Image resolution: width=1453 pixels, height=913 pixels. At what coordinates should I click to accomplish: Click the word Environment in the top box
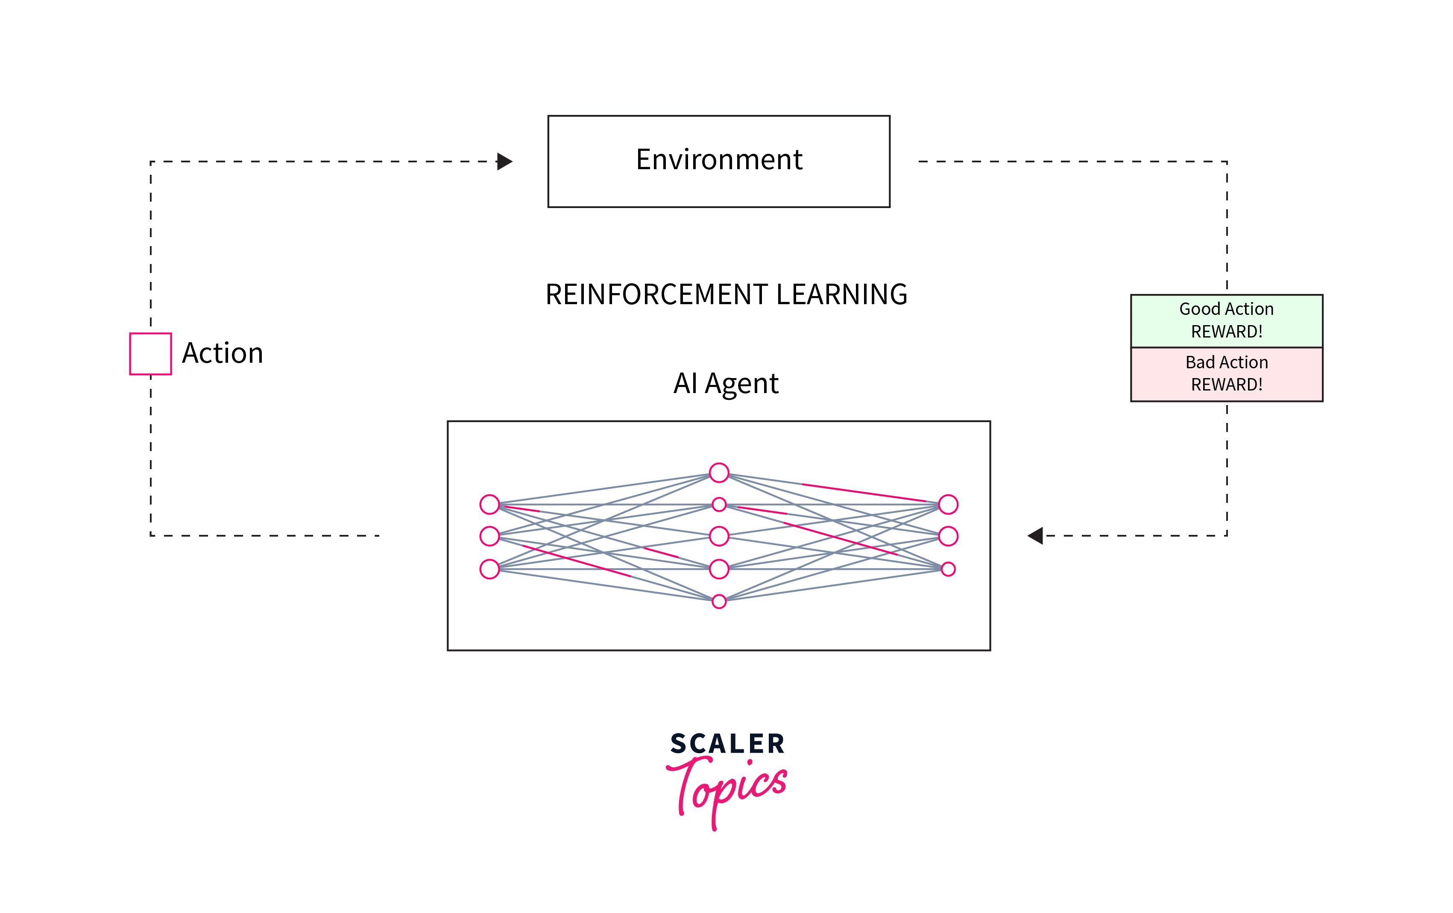pyautogui.click(x=719, y=160)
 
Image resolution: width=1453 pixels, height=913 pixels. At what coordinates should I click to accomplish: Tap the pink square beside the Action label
pyautogui.click(x=150, y=354)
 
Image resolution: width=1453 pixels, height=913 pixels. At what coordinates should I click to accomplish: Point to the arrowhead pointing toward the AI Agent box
pyautogui.click(x=1035, y=535)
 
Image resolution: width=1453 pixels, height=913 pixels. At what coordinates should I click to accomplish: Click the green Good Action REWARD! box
pyautogui.click(x=1226, y=320)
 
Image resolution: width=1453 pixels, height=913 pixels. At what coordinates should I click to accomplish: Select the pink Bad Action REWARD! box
pyautogui.click(x=1226, y=373)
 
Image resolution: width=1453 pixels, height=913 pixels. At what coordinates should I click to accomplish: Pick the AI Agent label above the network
pyautogui.click(x=726, y=384)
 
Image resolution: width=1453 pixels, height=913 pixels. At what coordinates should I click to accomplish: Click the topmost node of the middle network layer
pyautogui.click(x=719, y=473)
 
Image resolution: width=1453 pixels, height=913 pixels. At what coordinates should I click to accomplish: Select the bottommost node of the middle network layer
pyautogui.click(x=719, y=601)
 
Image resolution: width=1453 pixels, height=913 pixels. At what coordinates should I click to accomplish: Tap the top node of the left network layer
pyautogui.click(x=489, y=504)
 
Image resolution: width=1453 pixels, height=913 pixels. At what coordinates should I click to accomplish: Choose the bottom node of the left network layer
pyautogui.click(x=489, y=569)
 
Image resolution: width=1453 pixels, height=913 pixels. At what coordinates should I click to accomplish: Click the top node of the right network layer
pyautogui.click(x=948, y=504)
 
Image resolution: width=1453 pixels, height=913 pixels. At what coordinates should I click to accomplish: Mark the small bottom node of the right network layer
pyautogui.click(x=948, y=569)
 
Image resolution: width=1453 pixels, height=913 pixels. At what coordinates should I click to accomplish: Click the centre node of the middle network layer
pyautogui.click(x=719, y=536)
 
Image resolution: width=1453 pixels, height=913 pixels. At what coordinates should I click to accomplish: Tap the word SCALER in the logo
pyautogui.click(x=727, y=743)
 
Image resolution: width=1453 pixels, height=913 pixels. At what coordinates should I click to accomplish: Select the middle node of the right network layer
pyautogui.click(x=948, y=536)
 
